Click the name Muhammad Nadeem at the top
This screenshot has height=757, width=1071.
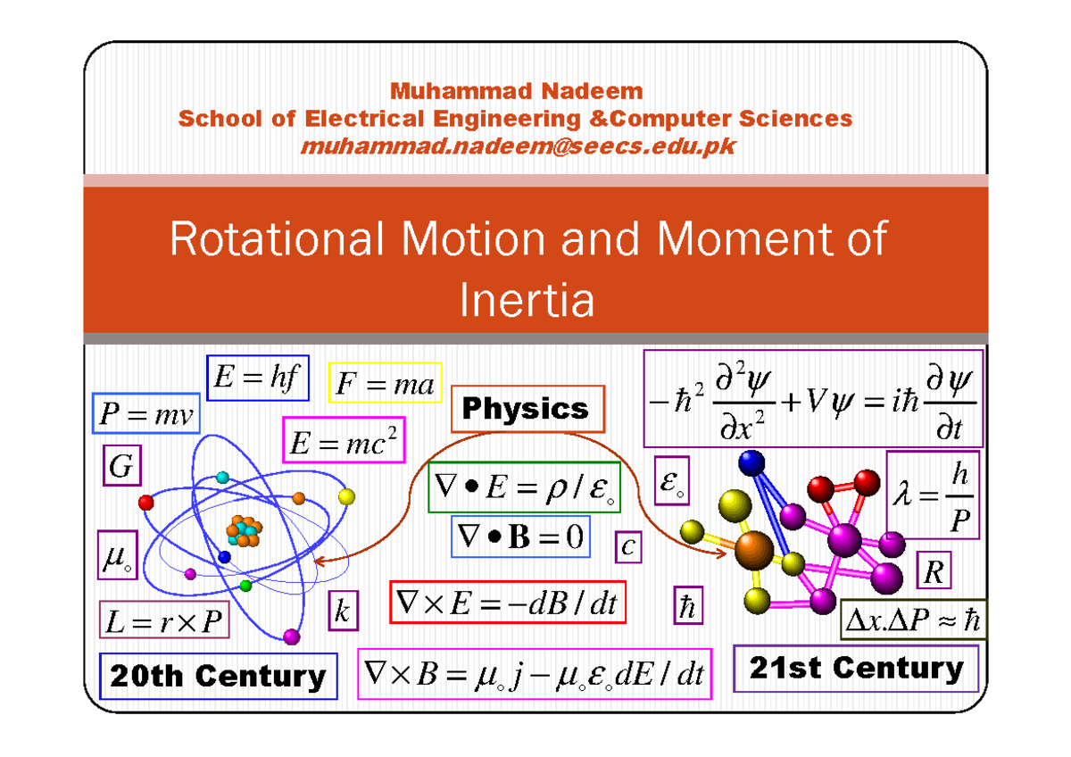516,91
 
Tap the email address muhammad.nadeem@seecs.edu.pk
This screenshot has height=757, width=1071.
519,146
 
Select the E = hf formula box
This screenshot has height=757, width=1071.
257,379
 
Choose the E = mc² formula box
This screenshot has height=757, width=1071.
344,439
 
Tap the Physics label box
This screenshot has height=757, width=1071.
527,409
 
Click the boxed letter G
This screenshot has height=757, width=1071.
118,465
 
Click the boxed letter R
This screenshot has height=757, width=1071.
934,572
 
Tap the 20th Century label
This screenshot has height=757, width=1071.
218,676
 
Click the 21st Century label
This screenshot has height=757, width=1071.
855,669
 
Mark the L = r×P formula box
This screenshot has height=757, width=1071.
163,621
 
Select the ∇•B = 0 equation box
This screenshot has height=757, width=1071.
520,537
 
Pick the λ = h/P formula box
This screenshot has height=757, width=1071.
933,495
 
